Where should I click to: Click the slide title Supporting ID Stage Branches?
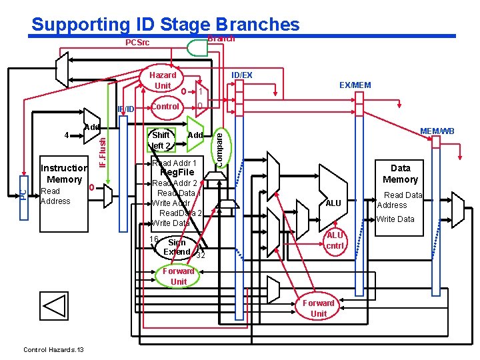(165, 25)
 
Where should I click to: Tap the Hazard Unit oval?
(163, 81)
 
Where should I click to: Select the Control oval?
(165, 107)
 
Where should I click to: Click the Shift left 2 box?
(161, 140)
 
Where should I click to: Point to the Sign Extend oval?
(177, 247)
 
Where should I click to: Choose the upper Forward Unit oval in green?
(179, 276)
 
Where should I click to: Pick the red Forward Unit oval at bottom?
(319, 308)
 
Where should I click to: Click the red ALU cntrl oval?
(335, 241)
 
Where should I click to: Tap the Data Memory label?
(400, 173)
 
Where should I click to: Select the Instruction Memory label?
(63, 174)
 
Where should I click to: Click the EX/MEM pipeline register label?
(355, 85)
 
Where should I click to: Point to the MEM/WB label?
(437, 131)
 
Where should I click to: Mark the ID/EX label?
(241, 75)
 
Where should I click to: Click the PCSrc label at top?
(138, 43)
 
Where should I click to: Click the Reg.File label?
(177, 173)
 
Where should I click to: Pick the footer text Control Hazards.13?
(53, 349)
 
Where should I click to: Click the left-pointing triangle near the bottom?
(54, 305)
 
